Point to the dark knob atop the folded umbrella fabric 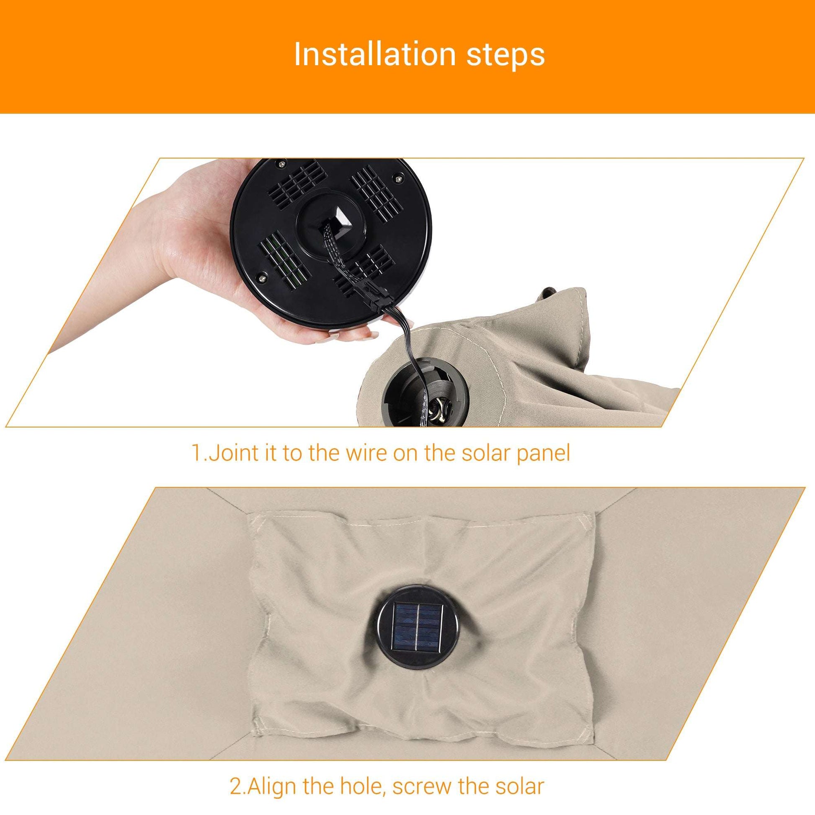coord(548,292)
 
